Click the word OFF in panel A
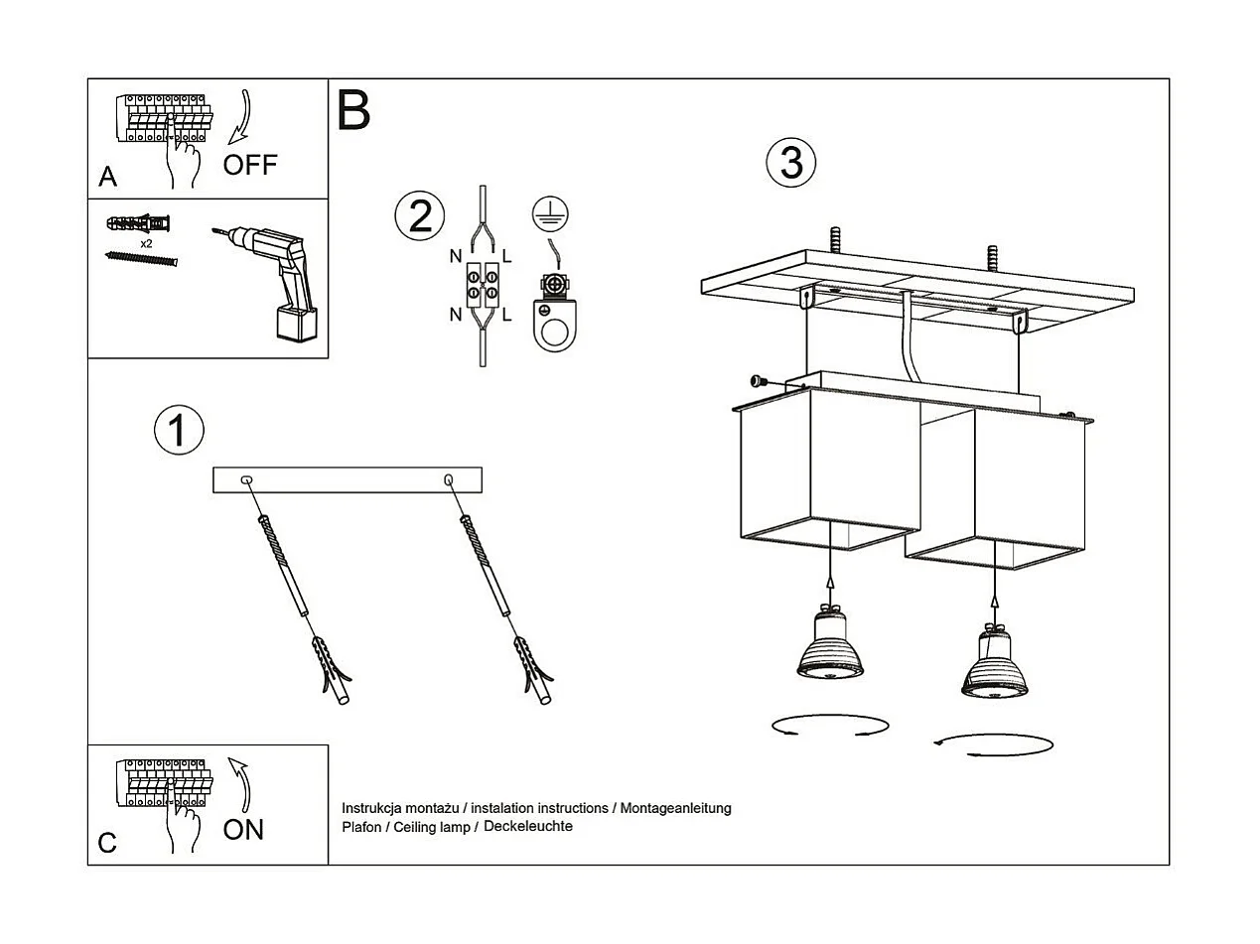(250, 165)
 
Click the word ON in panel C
(243, 830)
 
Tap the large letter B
(353, 110)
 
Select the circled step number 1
(179, 431)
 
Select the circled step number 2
(420, 216)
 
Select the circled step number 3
(791, 164)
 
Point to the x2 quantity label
(146, 243)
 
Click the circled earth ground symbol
(542, 208)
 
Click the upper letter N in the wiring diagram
(455, 256)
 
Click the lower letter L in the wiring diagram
(507, 315)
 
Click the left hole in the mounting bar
(246, 480)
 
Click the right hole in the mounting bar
(449, 480)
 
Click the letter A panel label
(107, 178)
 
